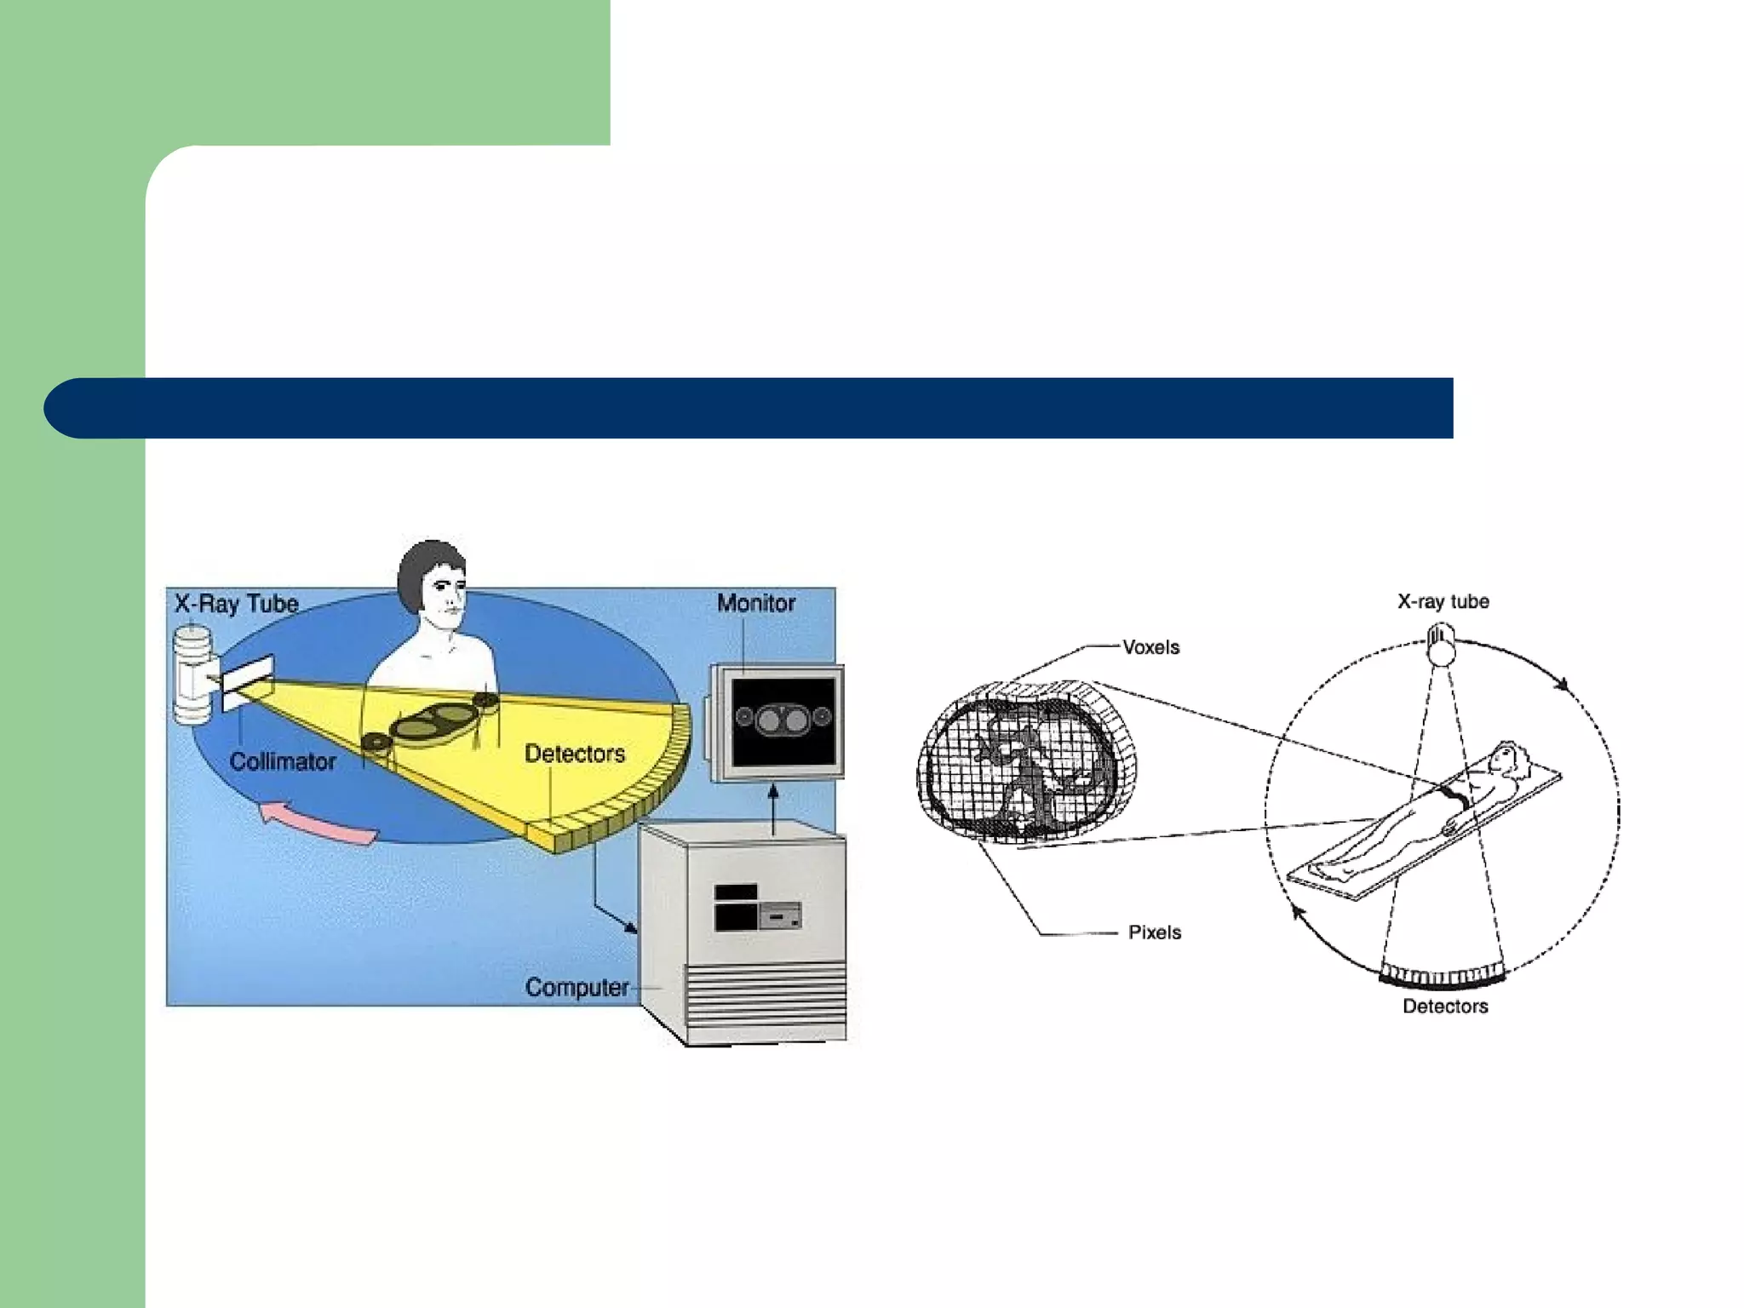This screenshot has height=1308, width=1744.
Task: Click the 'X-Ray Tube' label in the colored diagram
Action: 237,605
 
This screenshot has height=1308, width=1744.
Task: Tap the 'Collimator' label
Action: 283,761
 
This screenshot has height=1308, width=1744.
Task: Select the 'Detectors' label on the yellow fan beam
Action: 575,754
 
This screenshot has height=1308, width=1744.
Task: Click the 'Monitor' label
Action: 756,604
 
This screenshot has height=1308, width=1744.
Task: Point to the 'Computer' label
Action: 577,988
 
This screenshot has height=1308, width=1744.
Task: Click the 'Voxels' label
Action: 1151,647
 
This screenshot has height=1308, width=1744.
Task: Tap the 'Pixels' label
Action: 1155,932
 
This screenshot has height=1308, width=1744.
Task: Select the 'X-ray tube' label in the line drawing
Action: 1443,602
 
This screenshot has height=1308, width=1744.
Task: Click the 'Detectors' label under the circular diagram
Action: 1445,1007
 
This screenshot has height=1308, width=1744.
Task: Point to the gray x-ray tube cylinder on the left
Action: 193,674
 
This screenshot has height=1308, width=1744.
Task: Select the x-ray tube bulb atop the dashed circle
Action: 1442,645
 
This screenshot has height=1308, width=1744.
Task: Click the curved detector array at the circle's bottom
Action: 1443,976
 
